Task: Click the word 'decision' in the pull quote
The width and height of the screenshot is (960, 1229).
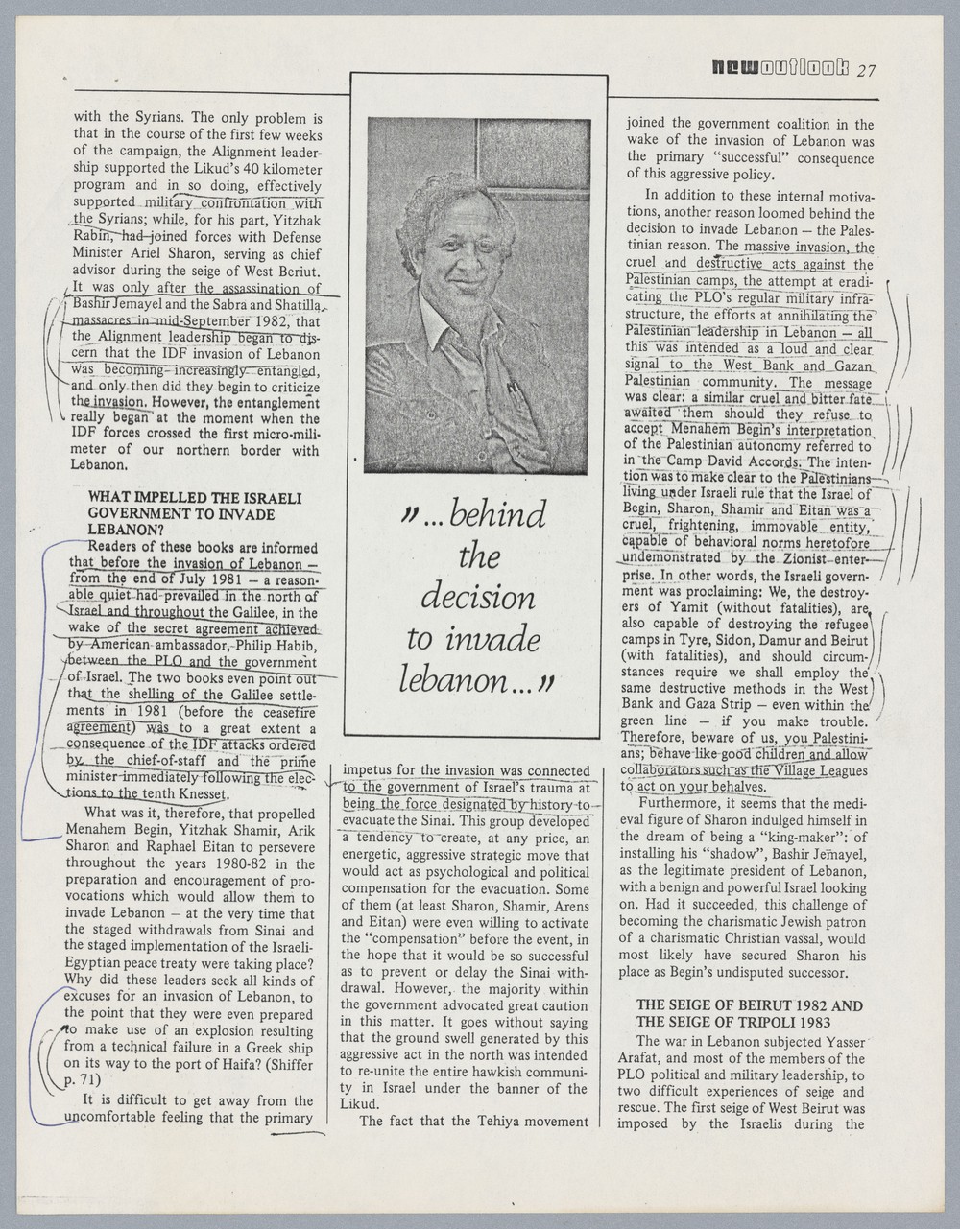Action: (477, 598)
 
